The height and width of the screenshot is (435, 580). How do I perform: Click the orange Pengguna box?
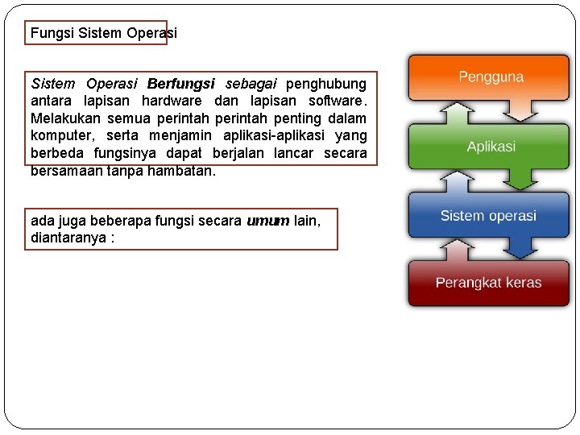(x=490, y=77)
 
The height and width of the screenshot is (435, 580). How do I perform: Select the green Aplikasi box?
(x=490, y=147)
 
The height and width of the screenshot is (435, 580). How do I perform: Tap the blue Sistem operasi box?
(x=488, y=216)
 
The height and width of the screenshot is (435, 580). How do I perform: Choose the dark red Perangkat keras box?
(x=488, y=283)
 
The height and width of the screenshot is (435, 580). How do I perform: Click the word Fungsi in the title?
(x=52, y=33)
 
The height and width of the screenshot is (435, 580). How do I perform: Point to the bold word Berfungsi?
(x=181, y=84)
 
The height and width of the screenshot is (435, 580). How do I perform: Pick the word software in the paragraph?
(x=331, y=101)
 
